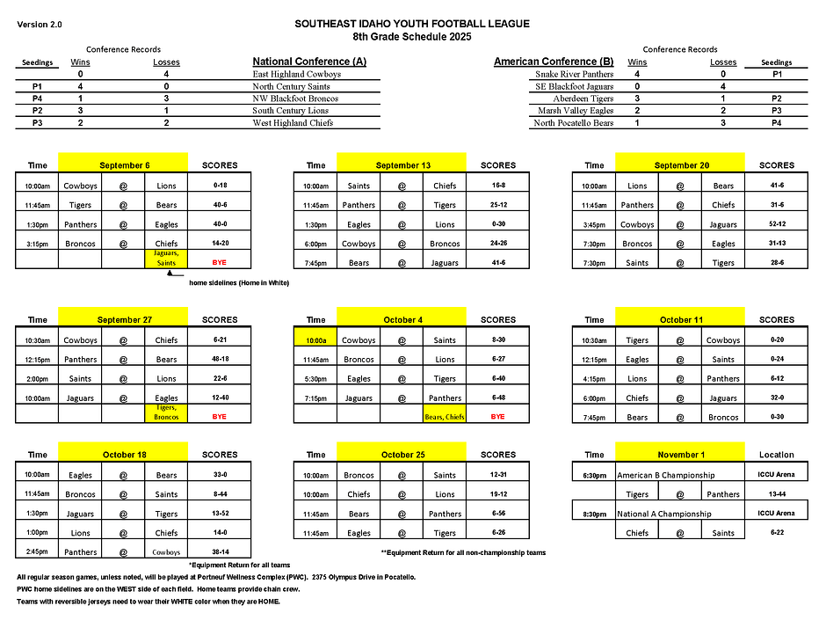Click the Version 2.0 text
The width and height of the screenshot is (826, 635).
40,24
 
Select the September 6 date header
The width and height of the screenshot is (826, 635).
124,165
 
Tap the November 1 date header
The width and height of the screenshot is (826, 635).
680,455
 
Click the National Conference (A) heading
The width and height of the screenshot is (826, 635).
309,62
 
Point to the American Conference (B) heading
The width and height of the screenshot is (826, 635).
554,62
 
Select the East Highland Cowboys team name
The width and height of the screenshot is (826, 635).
296,75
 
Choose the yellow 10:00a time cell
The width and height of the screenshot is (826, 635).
315,339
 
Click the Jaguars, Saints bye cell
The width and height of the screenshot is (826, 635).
167,258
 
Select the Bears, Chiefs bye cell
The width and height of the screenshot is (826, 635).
446,417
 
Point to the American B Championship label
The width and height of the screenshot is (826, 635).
665,475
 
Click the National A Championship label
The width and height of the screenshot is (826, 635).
664,514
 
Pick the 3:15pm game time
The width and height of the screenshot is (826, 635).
38,244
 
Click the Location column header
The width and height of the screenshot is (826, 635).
776,455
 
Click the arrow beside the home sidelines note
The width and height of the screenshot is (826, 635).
168,274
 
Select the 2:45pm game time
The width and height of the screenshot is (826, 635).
38,552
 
